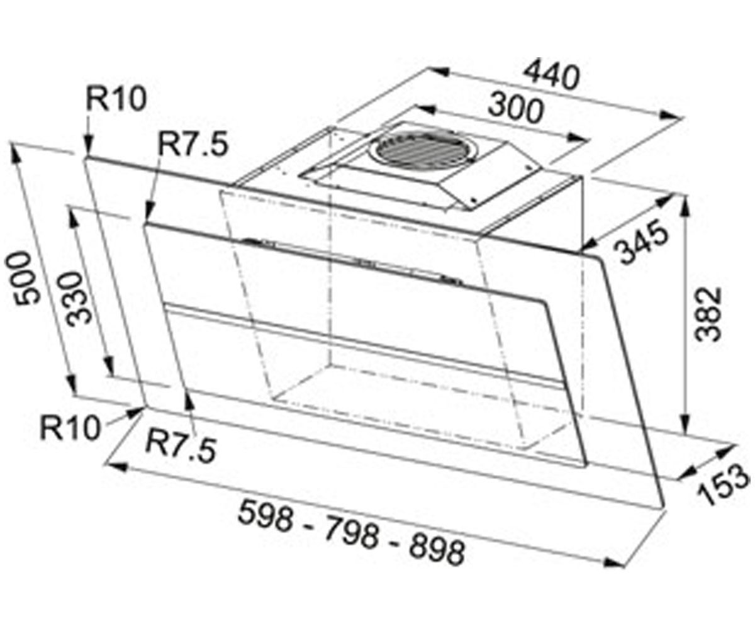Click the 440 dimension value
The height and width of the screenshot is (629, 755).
(x=552, y=77)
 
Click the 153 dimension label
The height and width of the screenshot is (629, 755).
(x=722, y=486)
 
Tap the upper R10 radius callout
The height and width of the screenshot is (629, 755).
(x=116, y=99)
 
